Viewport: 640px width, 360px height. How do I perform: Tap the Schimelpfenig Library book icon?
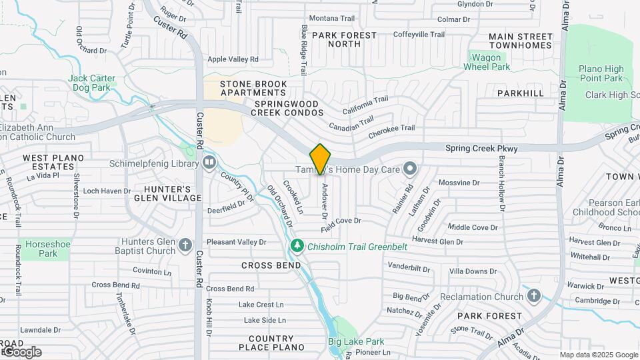tap(209, 161)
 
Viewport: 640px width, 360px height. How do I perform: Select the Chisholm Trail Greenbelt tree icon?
tap(297, 247)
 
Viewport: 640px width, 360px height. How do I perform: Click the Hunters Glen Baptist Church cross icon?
tap(186, 246)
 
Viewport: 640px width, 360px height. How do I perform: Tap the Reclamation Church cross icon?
tap(533, 295)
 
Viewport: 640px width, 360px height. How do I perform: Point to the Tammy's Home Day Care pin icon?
tap(410, 169)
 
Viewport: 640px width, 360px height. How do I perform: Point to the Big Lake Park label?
tap(356, 342)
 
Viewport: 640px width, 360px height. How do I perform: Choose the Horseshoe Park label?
tap(48, 249)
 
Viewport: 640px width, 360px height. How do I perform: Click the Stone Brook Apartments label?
tap(254, 88)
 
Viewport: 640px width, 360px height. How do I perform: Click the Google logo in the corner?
tap(22, 351)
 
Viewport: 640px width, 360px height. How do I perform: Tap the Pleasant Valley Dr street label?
tap(237, 242)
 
